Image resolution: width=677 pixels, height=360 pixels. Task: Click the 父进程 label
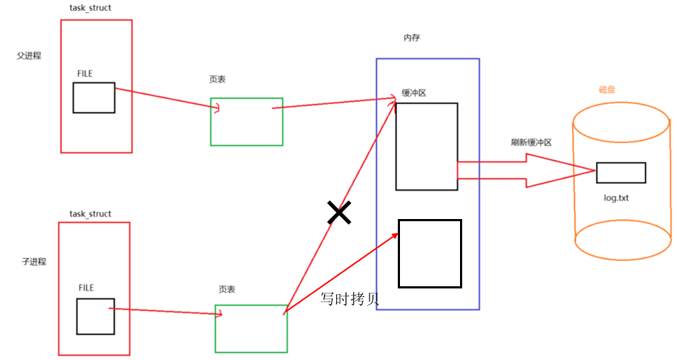click(x=29, y=56)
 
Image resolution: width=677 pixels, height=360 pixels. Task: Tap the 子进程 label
click(x=34, y=261)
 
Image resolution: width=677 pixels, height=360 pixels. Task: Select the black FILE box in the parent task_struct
click(x=93, y=98)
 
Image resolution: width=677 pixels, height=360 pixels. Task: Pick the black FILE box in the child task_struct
click(x=95, y=316)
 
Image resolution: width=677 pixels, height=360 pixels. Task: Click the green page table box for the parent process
click(x=247, y=121)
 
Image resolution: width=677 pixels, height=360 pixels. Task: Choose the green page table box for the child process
click(x=251, y=328)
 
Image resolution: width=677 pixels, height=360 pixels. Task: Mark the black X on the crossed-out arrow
click(x=338, y=213)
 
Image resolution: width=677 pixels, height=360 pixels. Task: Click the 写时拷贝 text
click(x=350, y=299)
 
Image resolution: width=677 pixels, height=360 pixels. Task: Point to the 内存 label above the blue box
click(x=412, y=38)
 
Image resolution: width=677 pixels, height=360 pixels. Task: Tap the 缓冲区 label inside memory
click(x=414, y=93)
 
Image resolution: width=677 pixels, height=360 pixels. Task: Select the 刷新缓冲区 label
click(x=531, y=142)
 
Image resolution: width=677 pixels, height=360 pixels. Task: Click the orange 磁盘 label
click(x=606, y=89)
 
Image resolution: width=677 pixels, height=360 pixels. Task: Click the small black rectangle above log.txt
click(x=621, y=173)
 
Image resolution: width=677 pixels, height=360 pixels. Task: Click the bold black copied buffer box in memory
click(x=430, y=253)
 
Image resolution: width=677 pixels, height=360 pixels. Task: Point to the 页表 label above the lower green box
click(x=227, y=288)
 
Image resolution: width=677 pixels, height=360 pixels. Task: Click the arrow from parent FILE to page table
click(x=166, y=100)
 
